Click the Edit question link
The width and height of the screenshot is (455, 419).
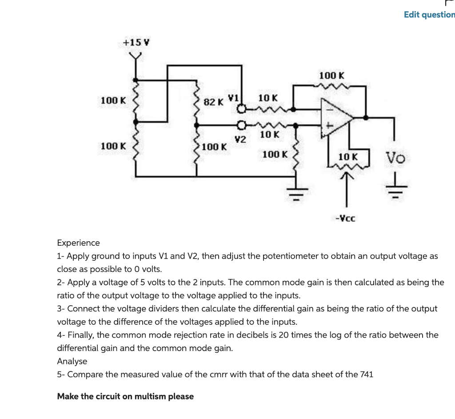point(429,15)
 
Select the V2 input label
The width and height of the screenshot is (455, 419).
point(240,139)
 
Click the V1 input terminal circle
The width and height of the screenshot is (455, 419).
point(241,108)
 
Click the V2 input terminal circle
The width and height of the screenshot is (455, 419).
point(241,125)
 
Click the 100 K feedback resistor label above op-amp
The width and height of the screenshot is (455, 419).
point(331,76)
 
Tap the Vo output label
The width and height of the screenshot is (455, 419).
point(395,157)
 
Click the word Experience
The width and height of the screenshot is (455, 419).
point(78,243)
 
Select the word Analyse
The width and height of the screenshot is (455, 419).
point(72,361)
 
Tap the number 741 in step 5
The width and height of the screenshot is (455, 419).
point(367,375)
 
